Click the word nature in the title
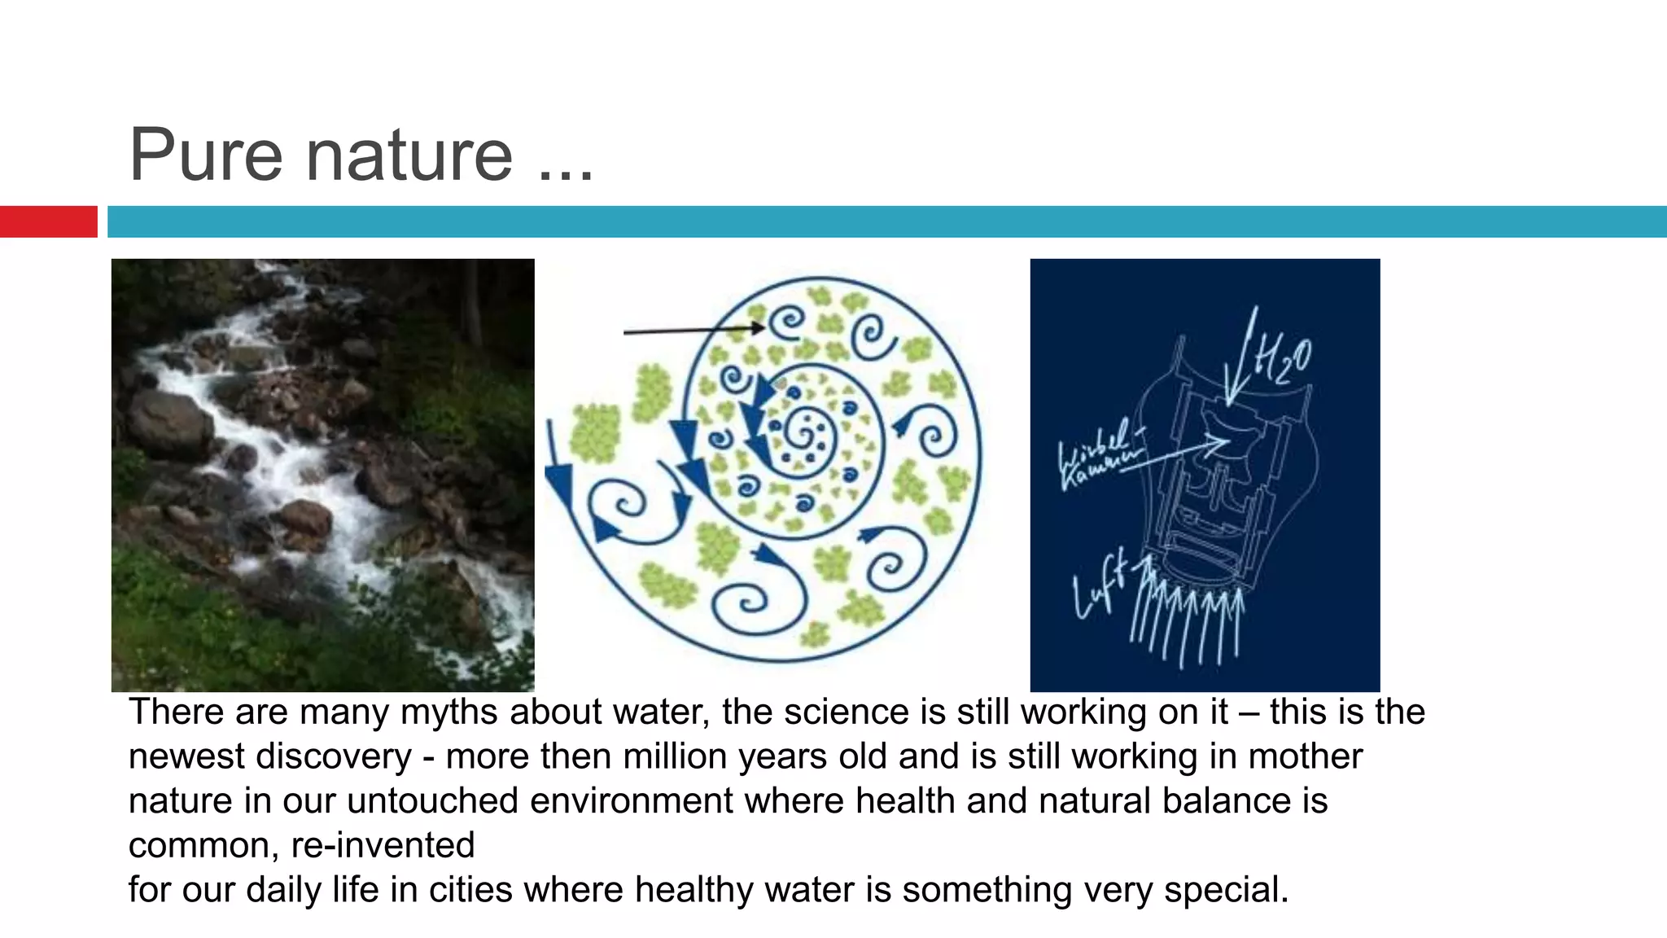(x=409, y=156)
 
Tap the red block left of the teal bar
(x=48, y=221)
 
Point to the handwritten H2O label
(x=1285, y=359)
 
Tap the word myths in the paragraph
(x=448, y=712)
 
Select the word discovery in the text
(x=334, y=756)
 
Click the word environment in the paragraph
(x=632, y=800)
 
